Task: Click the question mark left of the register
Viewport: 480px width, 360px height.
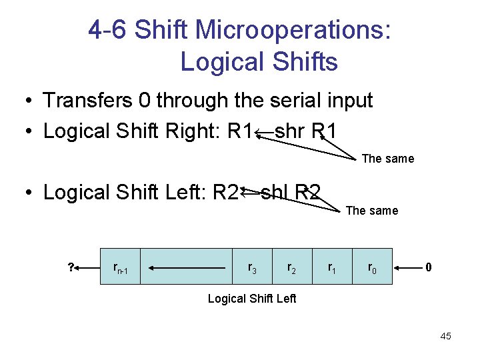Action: pyautogui.click(x=71, y=268)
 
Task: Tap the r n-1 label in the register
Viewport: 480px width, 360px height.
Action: pyautogui.click(x=121, y=269)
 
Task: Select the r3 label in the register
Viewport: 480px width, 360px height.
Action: pyautogui.click(x=253, y=268)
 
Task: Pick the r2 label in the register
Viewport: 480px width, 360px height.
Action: pyautogui.click(x=292, y=268)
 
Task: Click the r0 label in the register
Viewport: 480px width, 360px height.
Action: pyautogui.click(x=372, y=268)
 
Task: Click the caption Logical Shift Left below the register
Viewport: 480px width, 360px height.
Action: pyautogui.click(x=252, y=298)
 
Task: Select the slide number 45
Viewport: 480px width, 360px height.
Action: pyautogui.click(x=445, y=337)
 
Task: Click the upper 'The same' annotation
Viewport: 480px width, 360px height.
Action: pyautogui.click(x=388, y=159)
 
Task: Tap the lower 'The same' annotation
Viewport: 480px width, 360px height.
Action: pyautogui.click(x=372, y=211)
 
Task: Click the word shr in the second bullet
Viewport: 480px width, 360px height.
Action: pyautogui.click(x=289, y=131)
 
